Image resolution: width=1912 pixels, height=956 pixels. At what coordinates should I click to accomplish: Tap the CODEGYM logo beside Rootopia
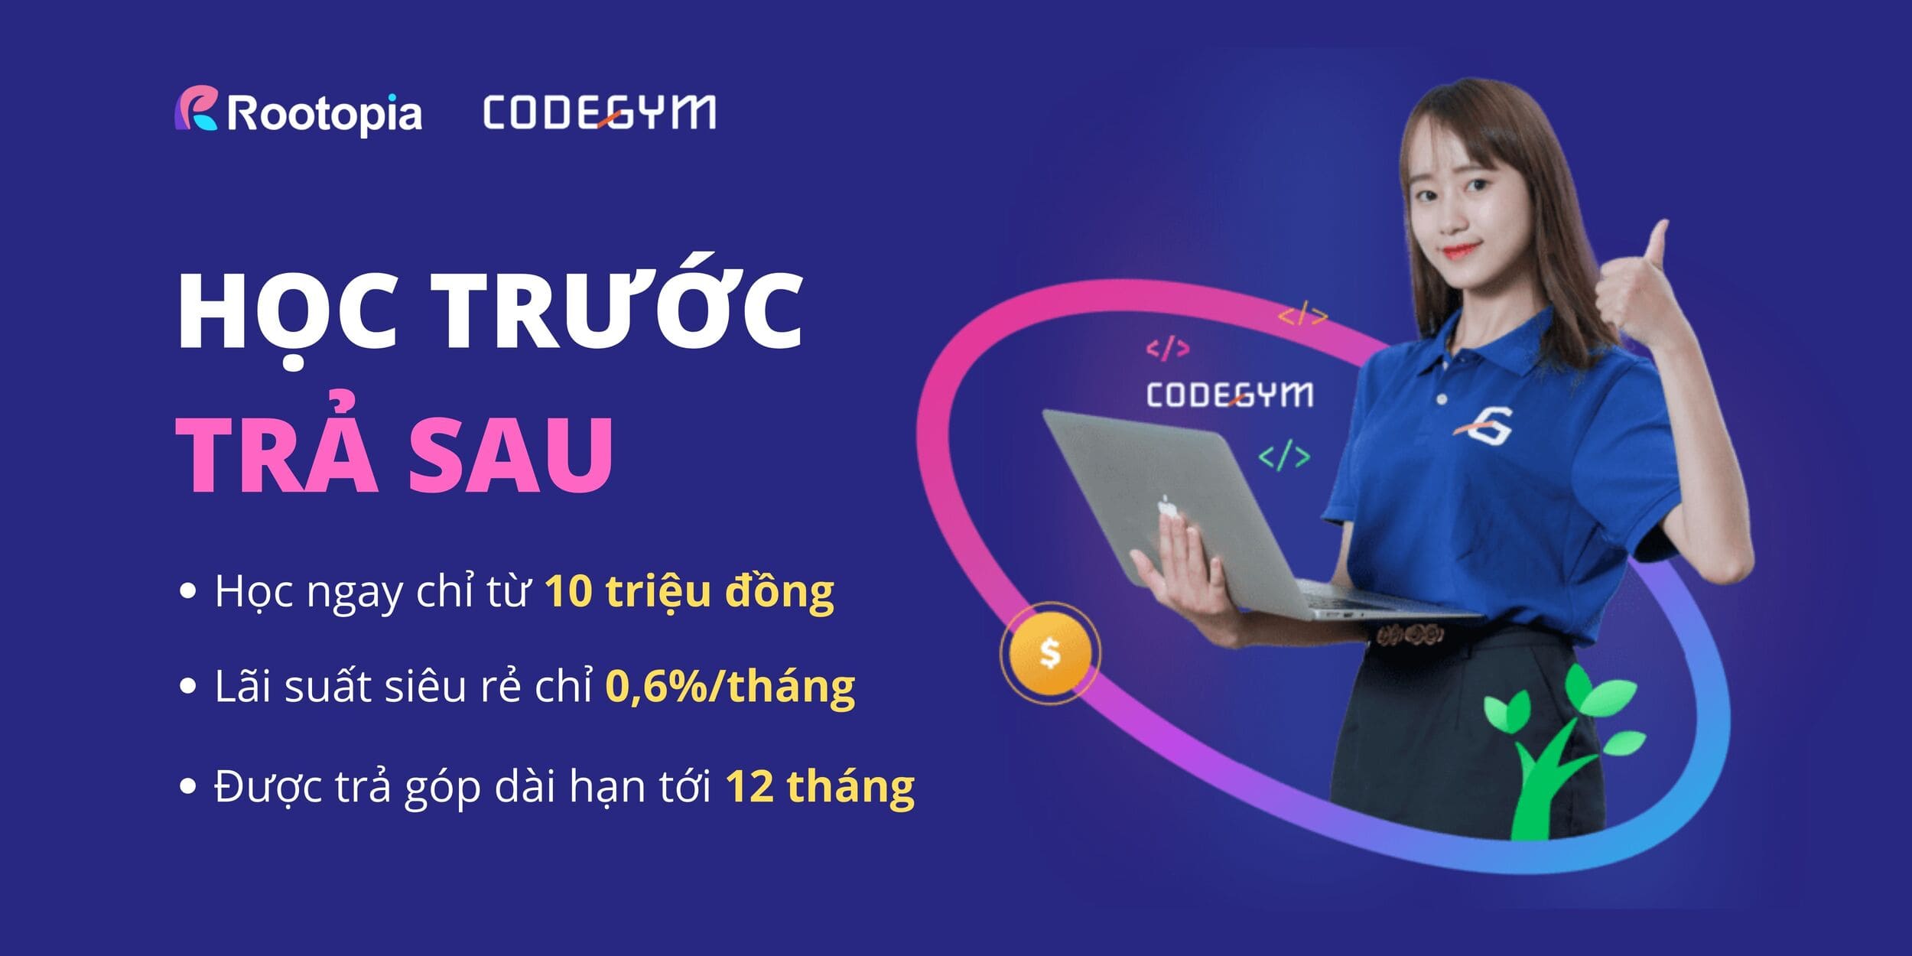[x=600, y=112]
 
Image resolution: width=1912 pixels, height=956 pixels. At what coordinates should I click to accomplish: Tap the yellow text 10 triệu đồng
[x=689, y=592]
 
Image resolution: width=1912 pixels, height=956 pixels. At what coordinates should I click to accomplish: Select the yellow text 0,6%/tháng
[x=730, y=686]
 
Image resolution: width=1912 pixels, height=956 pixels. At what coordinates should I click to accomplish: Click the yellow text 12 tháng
[x=820, y=785]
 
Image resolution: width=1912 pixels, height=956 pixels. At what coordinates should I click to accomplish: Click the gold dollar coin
[x=1050, y=653]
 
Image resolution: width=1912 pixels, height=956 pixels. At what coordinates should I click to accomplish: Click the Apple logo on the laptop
[x=1166, y=505]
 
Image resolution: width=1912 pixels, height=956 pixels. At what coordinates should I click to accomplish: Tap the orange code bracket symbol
[x=1302, y=314]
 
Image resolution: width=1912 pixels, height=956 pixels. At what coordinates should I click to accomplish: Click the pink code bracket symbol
[x=1168, y=350]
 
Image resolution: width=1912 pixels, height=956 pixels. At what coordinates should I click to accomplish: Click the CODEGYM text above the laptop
[x=1230, y=395]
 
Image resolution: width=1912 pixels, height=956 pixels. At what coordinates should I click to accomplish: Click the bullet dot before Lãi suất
[x=187, y=686]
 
